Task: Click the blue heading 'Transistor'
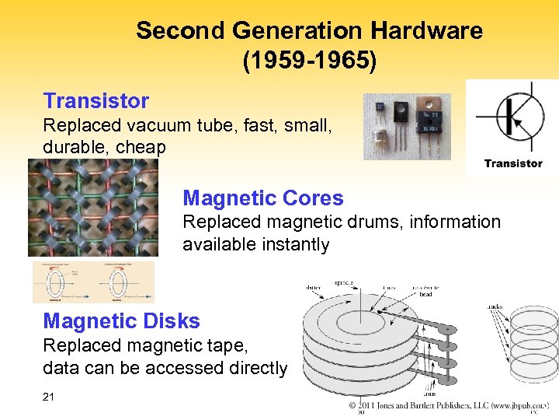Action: click(95, 101)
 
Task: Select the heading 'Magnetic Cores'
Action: click(262, 198)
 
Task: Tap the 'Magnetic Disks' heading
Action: click(121, 321)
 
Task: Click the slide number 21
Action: click(49, 397)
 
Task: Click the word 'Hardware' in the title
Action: click(426, 31)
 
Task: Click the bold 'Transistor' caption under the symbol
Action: click(512, 163)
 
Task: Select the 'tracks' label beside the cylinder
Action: click(494, 306)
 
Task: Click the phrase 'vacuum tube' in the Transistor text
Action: click(161, 125)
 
